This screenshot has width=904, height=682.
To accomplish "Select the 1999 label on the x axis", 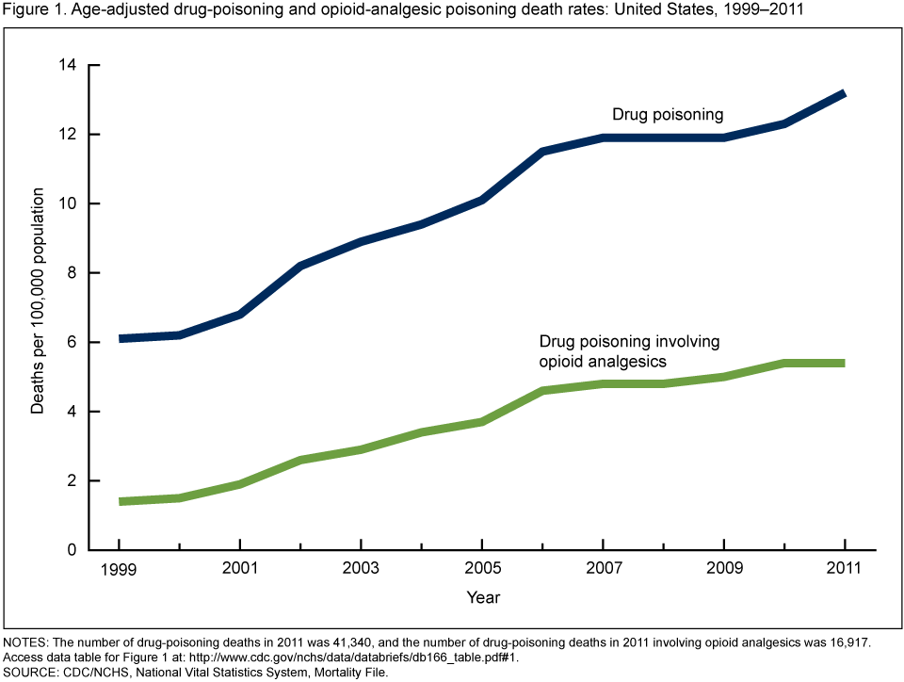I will click(120, 570).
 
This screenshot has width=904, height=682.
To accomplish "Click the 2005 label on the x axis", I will click(482, 570).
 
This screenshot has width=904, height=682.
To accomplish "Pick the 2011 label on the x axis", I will click(845, 570).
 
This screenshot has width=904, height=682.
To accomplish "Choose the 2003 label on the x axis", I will click(362, 570).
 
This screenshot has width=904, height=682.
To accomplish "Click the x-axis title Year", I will click(482, 597).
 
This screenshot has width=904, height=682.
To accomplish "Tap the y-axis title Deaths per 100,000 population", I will click(39, 301).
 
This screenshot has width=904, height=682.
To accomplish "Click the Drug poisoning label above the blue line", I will click(668, 115).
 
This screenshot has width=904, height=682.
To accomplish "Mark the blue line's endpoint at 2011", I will click(845, 94).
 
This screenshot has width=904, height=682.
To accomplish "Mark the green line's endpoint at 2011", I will click(845, 363).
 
